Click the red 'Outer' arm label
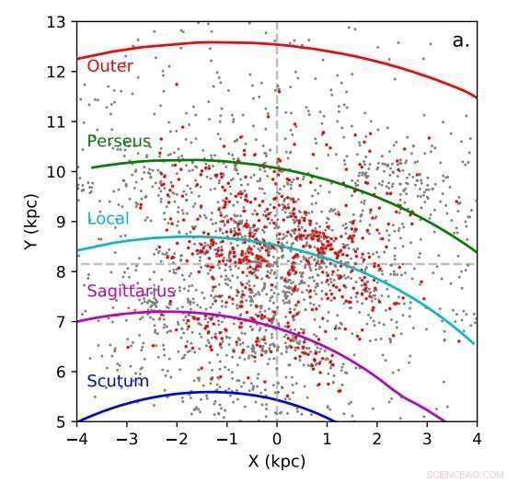tap(109, 66)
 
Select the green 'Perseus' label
tap(118, 141)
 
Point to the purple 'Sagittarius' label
tap(131, 292)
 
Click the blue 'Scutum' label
tap(117, 381)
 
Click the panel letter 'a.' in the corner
tap(462, 40)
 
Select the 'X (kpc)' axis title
tap(277, 461)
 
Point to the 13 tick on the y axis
tap(57, 21)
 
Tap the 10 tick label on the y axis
tap(57, 171)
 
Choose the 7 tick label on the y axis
tap(61, 322)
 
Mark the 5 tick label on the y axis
tap(61, 422)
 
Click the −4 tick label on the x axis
tap(77, 439)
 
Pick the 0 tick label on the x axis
tap(277, 439)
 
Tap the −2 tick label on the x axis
tap(177, 439)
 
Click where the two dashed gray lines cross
tap(277, 264)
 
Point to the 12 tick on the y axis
tap(57, 71)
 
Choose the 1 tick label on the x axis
tap(327, 439)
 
